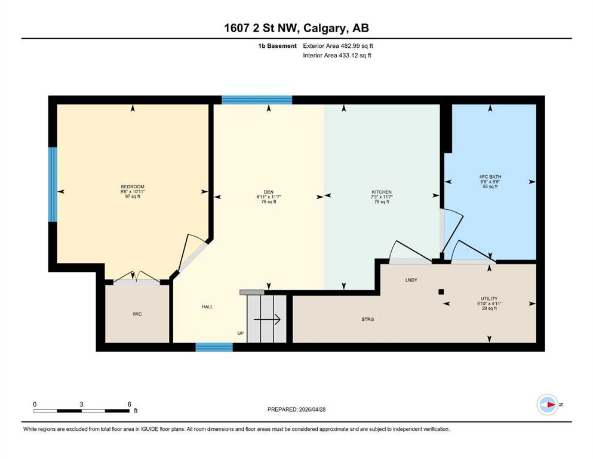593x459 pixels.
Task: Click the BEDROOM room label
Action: tap(133, 186)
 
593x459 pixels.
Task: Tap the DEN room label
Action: tap(269, 192)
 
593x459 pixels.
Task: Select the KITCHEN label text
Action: tap(381, 192)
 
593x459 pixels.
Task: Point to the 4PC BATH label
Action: tap(490, 177)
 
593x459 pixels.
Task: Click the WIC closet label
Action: tap(137, 314)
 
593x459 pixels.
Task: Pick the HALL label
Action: tap(207, 307)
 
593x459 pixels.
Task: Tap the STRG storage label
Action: tap(368, 319)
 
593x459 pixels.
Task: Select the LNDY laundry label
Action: tap(411, 280)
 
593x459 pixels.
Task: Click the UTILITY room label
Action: tap(489, 299)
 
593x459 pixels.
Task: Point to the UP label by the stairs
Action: tap(241, 333)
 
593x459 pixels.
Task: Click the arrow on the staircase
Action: tap(267, 320)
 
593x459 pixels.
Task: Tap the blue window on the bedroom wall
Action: tap(53, 184)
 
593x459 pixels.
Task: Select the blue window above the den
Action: tap(257, 100)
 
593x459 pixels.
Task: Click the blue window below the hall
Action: tap(214, 347)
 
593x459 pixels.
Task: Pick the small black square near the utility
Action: tap(441, 292)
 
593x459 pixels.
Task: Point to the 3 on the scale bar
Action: tap(81, 404)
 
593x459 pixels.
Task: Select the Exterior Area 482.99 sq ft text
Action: tap(338, 46)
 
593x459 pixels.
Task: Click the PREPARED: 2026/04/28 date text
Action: tap(296, 409)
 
